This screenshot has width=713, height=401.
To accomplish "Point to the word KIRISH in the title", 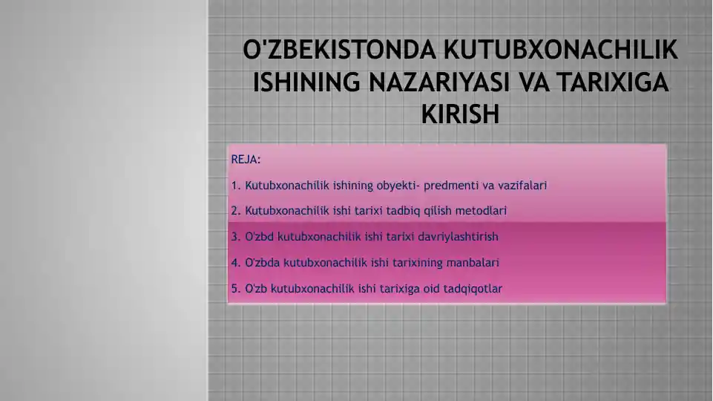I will click(x=460, y=114).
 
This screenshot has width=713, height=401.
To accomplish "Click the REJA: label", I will click(x=246, y=160).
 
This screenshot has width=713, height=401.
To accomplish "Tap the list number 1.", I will click(x=235, y=186).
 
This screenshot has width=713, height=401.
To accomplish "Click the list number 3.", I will click(x=235, y=237).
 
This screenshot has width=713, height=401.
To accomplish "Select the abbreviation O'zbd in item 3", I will click(x=260, y=237).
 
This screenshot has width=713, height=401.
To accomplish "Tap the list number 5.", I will click(x=235, y=289).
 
